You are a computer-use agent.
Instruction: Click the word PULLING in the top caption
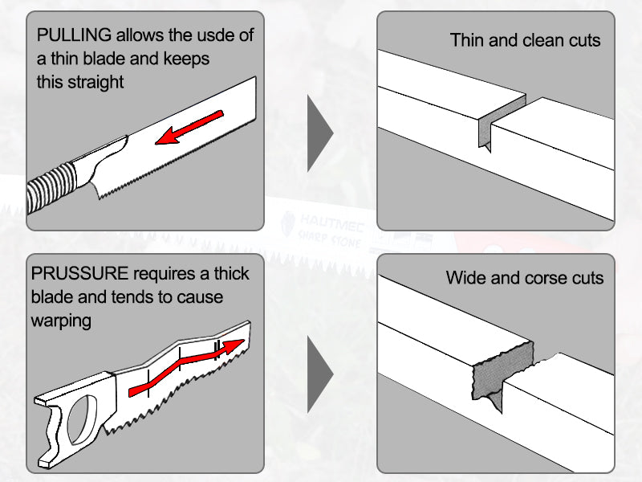(x=74, y=36)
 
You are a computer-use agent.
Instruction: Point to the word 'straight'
(x=94, y=82)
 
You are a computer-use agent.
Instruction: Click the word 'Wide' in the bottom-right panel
(x=466, y=279)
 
